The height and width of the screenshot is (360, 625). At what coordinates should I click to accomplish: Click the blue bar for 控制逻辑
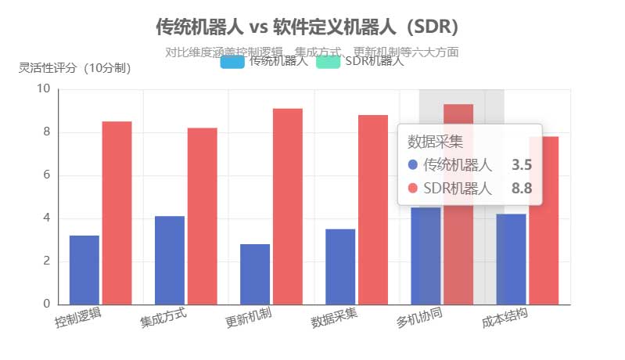coord(84,270)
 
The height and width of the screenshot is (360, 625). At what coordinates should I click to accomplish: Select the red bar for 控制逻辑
coord(117,213)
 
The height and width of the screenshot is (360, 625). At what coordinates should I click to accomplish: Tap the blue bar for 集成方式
coord(170,261)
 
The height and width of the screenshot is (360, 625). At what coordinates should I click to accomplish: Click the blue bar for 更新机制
coord(255,274)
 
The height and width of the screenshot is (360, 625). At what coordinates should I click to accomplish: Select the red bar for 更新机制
coord(287,207)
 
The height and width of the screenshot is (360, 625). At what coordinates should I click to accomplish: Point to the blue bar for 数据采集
coord(340,267)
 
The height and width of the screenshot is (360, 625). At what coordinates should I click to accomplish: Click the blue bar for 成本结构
coord(511,259)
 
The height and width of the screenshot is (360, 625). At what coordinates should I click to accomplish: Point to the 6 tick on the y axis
coord(45,175)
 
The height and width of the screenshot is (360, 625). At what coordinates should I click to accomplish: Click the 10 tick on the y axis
coord(43,89)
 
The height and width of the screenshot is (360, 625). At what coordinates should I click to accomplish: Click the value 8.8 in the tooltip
coord(521,188)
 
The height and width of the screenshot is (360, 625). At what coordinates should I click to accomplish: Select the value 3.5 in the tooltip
coord(521,164)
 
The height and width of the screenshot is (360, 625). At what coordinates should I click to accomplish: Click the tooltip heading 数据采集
coord(436,142)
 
